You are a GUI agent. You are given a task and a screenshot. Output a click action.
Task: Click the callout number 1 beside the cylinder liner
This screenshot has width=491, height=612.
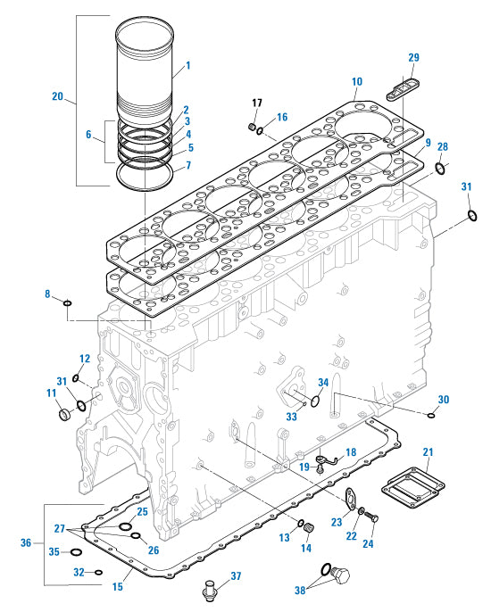[187, 65]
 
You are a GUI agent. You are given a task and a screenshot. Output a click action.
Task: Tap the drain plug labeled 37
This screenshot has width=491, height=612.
[211, 590]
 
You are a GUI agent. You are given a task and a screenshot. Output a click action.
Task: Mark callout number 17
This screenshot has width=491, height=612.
[256, 102]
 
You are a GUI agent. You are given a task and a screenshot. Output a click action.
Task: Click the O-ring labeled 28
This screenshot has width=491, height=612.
[440, 167]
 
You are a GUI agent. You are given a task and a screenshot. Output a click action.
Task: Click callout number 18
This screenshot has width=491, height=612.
[350, 452]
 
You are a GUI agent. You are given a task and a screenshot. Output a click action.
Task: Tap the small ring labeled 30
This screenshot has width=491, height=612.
[431, 413]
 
